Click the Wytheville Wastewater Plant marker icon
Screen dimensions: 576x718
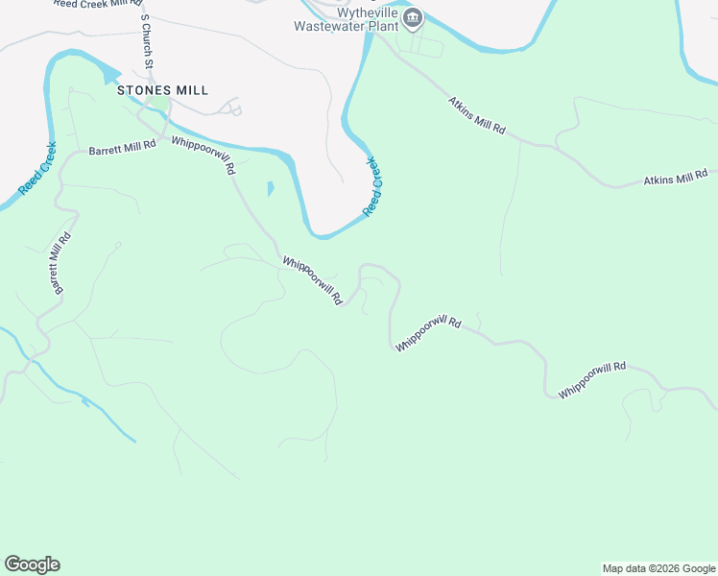(x=413, y=16)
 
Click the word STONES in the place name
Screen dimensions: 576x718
(x=140, y=90)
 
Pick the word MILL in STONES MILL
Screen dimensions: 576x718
(x=192, y=90)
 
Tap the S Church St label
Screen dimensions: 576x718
(x=147, y=42)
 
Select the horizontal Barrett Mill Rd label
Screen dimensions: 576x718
(x=122, y=149)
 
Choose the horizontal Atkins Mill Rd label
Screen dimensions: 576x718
(x=675, y=178)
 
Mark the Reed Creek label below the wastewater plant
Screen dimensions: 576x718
(x=373, y=185)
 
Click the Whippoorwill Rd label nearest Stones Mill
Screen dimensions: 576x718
(x=203, y=154)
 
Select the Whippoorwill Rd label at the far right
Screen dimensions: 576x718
(x=592, y=379)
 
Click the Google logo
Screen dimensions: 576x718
(x=32, y=564)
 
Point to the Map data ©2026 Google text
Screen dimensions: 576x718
(x=658, y=568)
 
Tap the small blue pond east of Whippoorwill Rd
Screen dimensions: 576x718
(x=270, y=189)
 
